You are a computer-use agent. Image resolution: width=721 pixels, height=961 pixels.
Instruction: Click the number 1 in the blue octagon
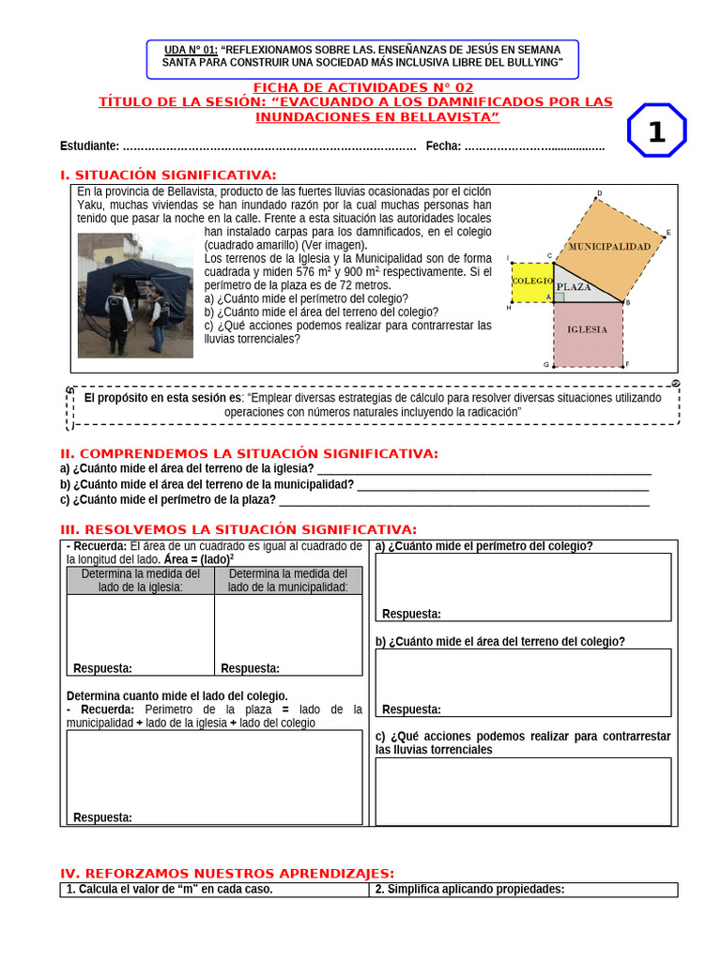(656, 132)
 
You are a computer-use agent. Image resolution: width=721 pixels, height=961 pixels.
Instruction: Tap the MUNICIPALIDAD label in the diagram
(608, 246)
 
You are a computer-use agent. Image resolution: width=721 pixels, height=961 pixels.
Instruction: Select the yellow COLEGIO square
(532, 281)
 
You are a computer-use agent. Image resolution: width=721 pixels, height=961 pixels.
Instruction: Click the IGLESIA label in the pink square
(587, 329)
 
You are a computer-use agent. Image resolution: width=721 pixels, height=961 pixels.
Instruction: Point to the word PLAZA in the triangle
(574, 286)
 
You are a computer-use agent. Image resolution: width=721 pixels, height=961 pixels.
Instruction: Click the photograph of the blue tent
(135, 296)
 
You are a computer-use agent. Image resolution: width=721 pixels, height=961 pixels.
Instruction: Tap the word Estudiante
(89, 145)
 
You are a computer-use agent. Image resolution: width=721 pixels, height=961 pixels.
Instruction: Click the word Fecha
(442, 145)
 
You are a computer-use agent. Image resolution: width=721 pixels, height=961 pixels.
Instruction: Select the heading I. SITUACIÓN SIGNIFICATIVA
(168, 175)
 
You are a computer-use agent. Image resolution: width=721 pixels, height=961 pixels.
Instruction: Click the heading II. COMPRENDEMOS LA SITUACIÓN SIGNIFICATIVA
(249, 453)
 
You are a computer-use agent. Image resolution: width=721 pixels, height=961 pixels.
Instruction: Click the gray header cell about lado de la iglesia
(141, 580)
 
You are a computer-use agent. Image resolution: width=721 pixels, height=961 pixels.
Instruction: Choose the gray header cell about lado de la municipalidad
(288, 580)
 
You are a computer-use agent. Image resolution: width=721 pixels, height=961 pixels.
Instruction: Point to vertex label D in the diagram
(599, 194)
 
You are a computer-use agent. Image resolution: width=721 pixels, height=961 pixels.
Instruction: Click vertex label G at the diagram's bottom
(546, 364)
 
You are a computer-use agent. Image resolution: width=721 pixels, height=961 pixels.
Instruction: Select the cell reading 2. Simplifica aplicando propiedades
(469, 890)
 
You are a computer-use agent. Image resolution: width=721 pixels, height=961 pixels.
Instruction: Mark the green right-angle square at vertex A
(559, 297)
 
